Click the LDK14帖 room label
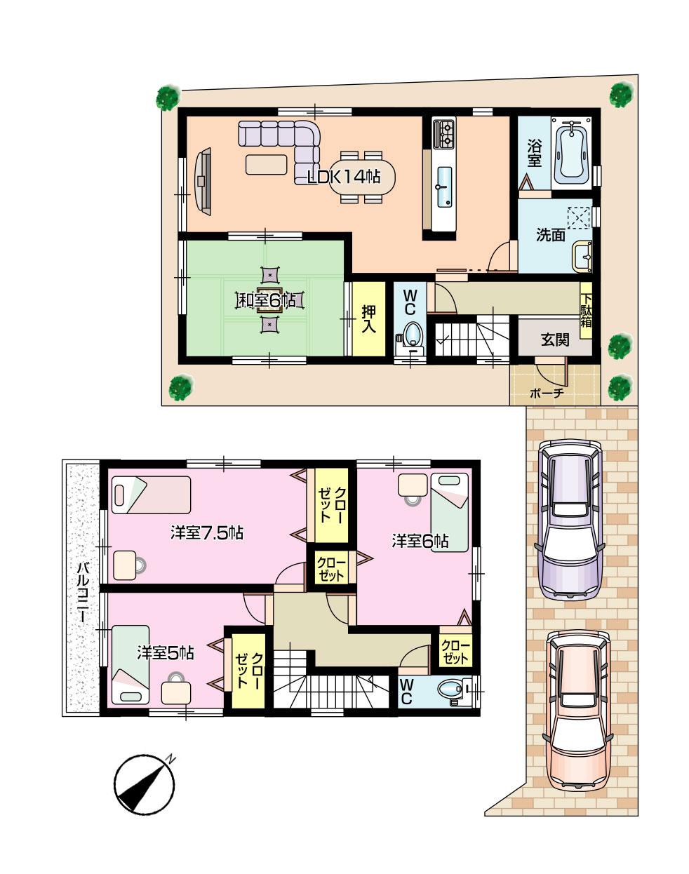point(339,177)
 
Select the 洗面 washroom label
point(551,236)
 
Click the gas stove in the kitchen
point(445,134)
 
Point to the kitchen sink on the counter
point(443,187)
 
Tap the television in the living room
point(203,180)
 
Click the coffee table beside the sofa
point(266,164)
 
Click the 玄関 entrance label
point(554,341)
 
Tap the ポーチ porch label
point(547,393)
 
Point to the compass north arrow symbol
point(145,786)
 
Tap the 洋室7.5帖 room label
point(206,533)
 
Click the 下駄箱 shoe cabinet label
point(585,309)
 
